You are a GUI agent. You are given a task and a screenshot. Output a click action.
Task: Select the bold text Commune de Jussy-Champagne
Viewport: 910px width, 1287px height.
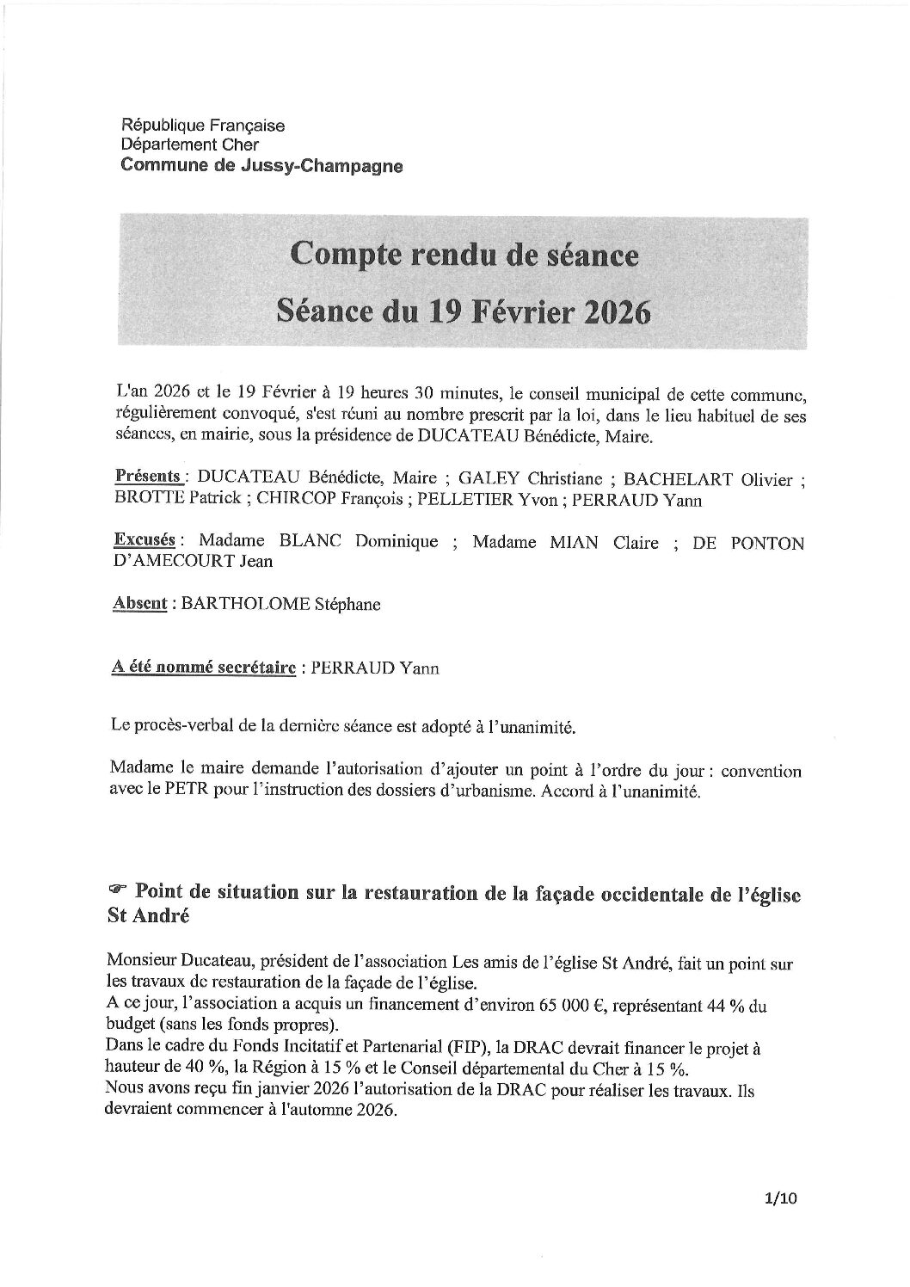(261, 165)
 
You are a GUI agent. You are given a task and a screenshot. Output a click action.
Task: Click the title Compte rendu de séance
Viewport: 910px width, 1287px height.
(464, 255)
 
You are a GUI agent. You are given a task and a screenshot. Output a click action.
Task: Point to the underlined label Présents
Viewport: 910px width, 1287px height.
(148, 476)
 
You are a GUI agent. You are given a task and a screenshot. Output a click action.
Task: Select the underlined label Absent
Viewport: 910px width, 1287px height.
(139, 603)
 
